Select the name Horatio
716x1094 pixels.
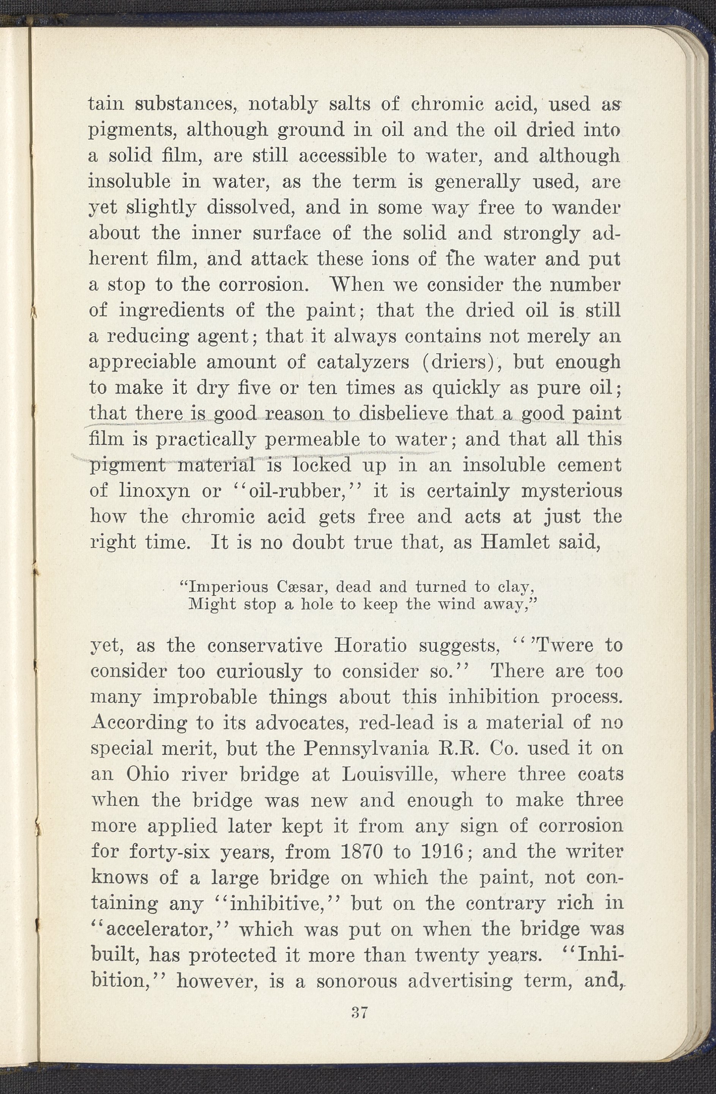click(371, 646)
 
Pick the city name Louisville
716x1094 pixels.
click(388, 775)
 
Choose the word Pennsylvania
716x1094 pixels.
click(366, 749)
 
